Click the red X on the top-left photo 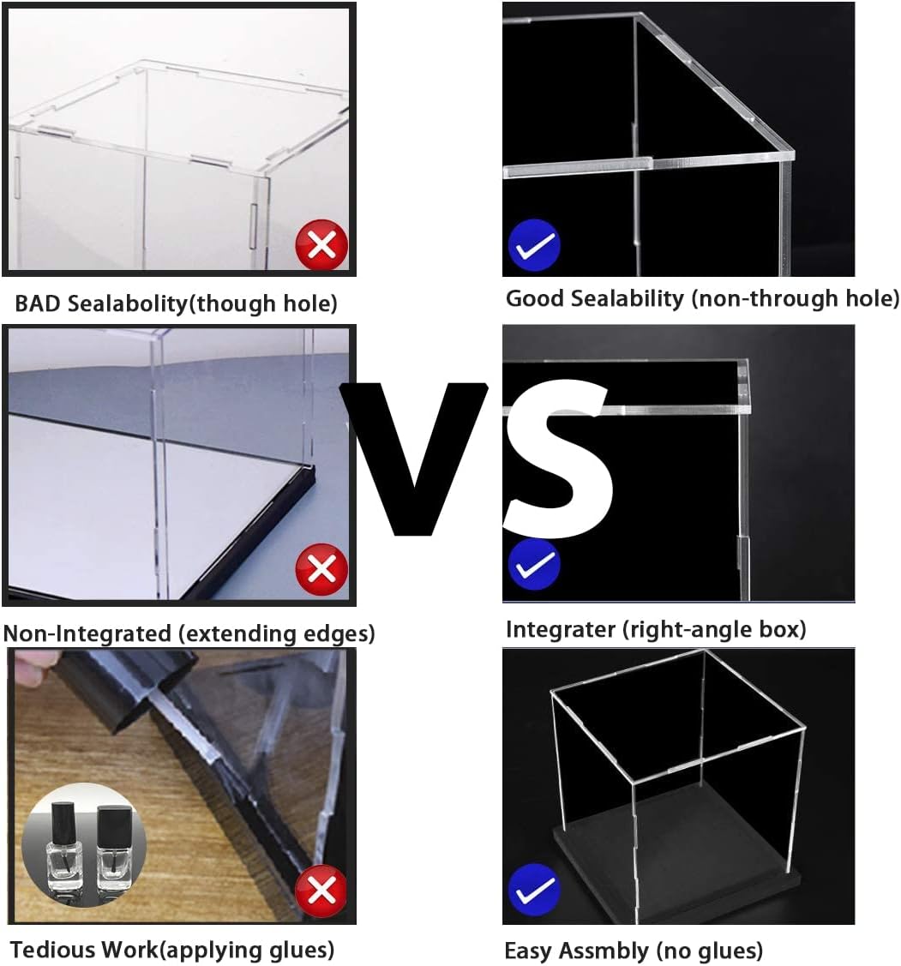(x=321, y=244)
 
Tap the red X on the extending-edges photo (x=321, y=569)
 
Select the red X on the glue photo (x=321, y=891)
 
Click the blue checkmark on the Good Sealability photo (x=534, y=244)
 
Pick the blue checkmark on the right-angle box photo (x=534, y=564)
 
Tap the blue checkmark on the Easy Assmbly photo (x=534, y=890)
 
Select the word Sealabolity (x=128, y=304)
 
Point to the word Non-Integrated (x=87, y=633)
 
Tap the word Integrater (x=561, y=630)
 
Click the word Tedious (x=53, y=949)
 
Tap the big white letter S (x=558, y=457)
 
